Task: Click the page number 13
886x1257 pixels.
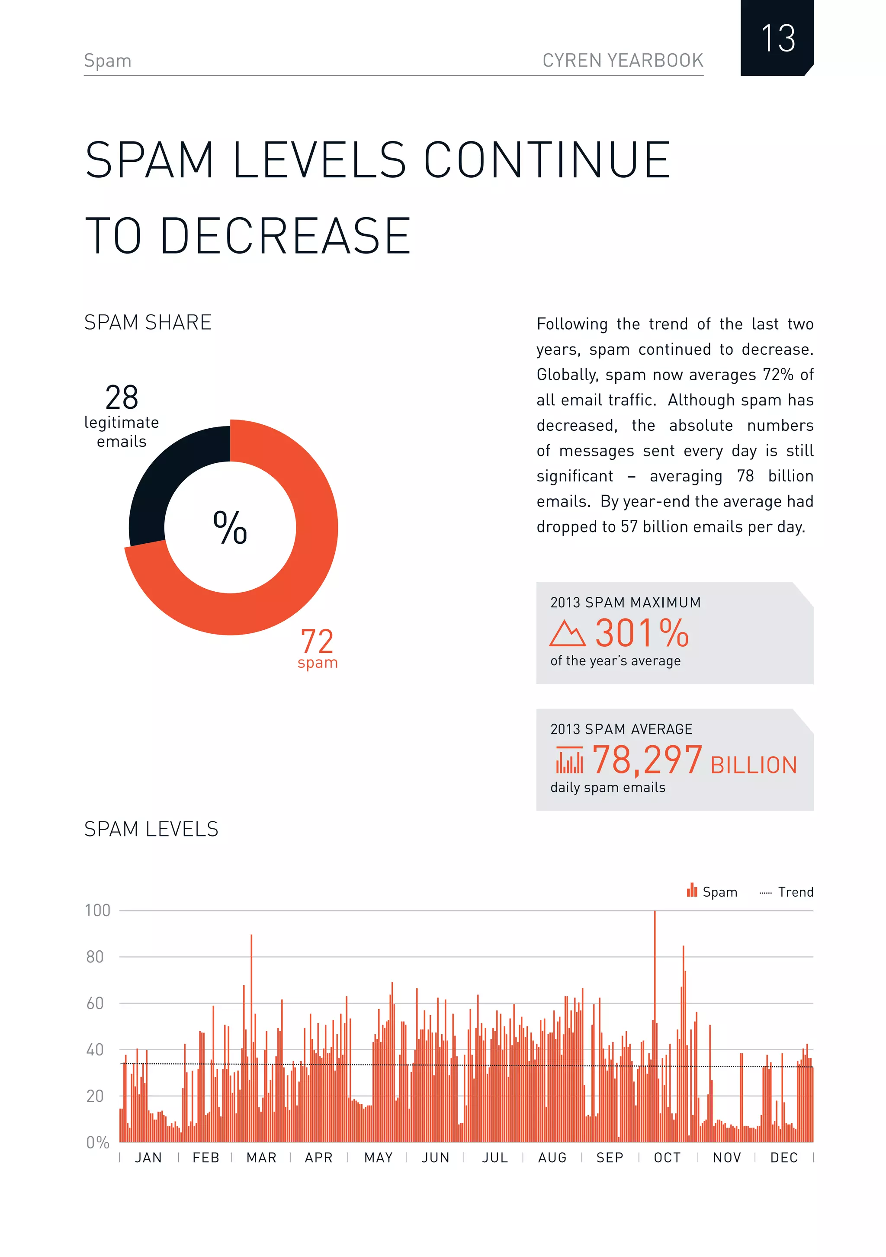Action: [x=777, y=38]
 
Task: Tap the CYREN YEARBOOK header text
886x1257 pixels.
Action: [x=622, y=60]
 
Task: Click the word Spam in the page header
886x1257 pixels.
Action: [x=107, y=60]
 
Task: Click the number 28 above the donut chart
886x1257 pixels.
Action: [x=122, y=398]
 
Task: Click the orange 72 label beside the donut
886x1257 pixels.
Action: [x=317, y=641]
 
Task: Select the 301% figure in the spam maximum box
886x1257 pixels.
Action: [x=641, y=633]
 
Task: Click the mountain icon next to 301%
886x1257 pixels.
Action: [x=567, y=634]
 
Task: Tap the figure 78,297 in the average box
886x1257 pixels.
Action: [x=647, y=760]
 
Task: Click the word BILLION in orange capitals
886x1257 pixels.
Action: [x=754, y=765]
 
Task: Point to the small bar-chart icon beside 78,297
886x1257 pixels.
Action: [x=569, y=760]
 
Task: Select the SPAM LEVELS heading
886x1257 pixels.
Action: [x=151, y=830]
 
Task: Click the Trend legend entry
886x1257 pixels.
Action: [x=795, y=892]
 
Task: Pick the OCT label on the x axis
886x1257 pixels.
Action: [x=667, y=1158]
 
